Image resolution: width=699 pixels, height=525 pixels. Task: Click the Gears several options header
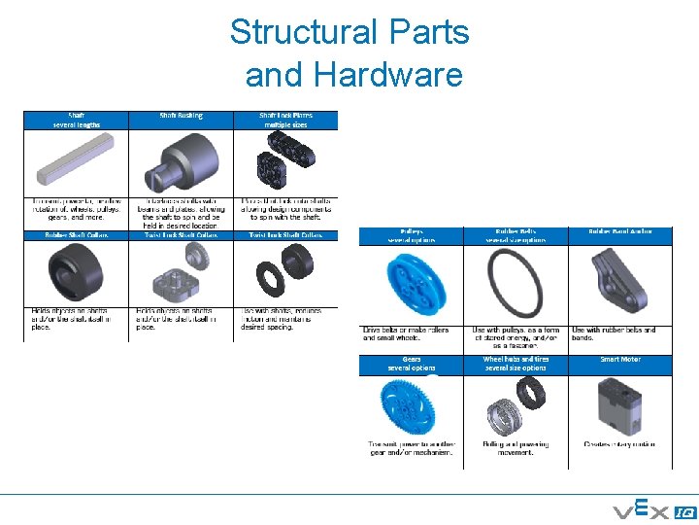[412, 364]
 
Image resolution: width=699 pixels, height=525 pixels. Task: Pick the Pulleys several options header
[412, 235]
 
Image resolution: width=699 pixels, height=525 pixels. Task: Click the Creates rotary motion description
[619, 444]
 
